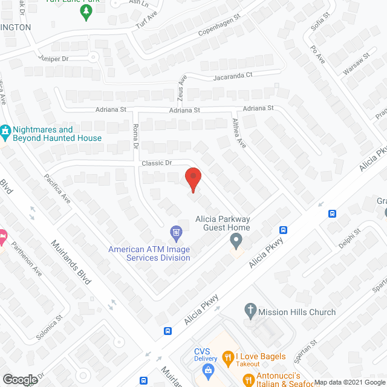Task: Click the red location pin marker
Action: coord(193,179)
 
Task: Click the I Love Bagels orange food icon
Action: coord(227,357)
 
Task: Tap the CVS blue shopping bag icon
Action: coord(209,369)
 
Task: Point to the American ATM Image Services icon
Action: coord(176,232)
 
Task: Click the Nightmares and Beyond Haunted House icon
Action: coord(5,130)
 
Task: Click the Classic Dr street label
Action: coord(157,163)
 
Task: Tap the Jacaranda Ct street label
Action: coord(231,77)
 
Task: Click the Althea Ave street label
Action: coord(238,133)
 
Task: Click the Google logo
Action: coord(19,379)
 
